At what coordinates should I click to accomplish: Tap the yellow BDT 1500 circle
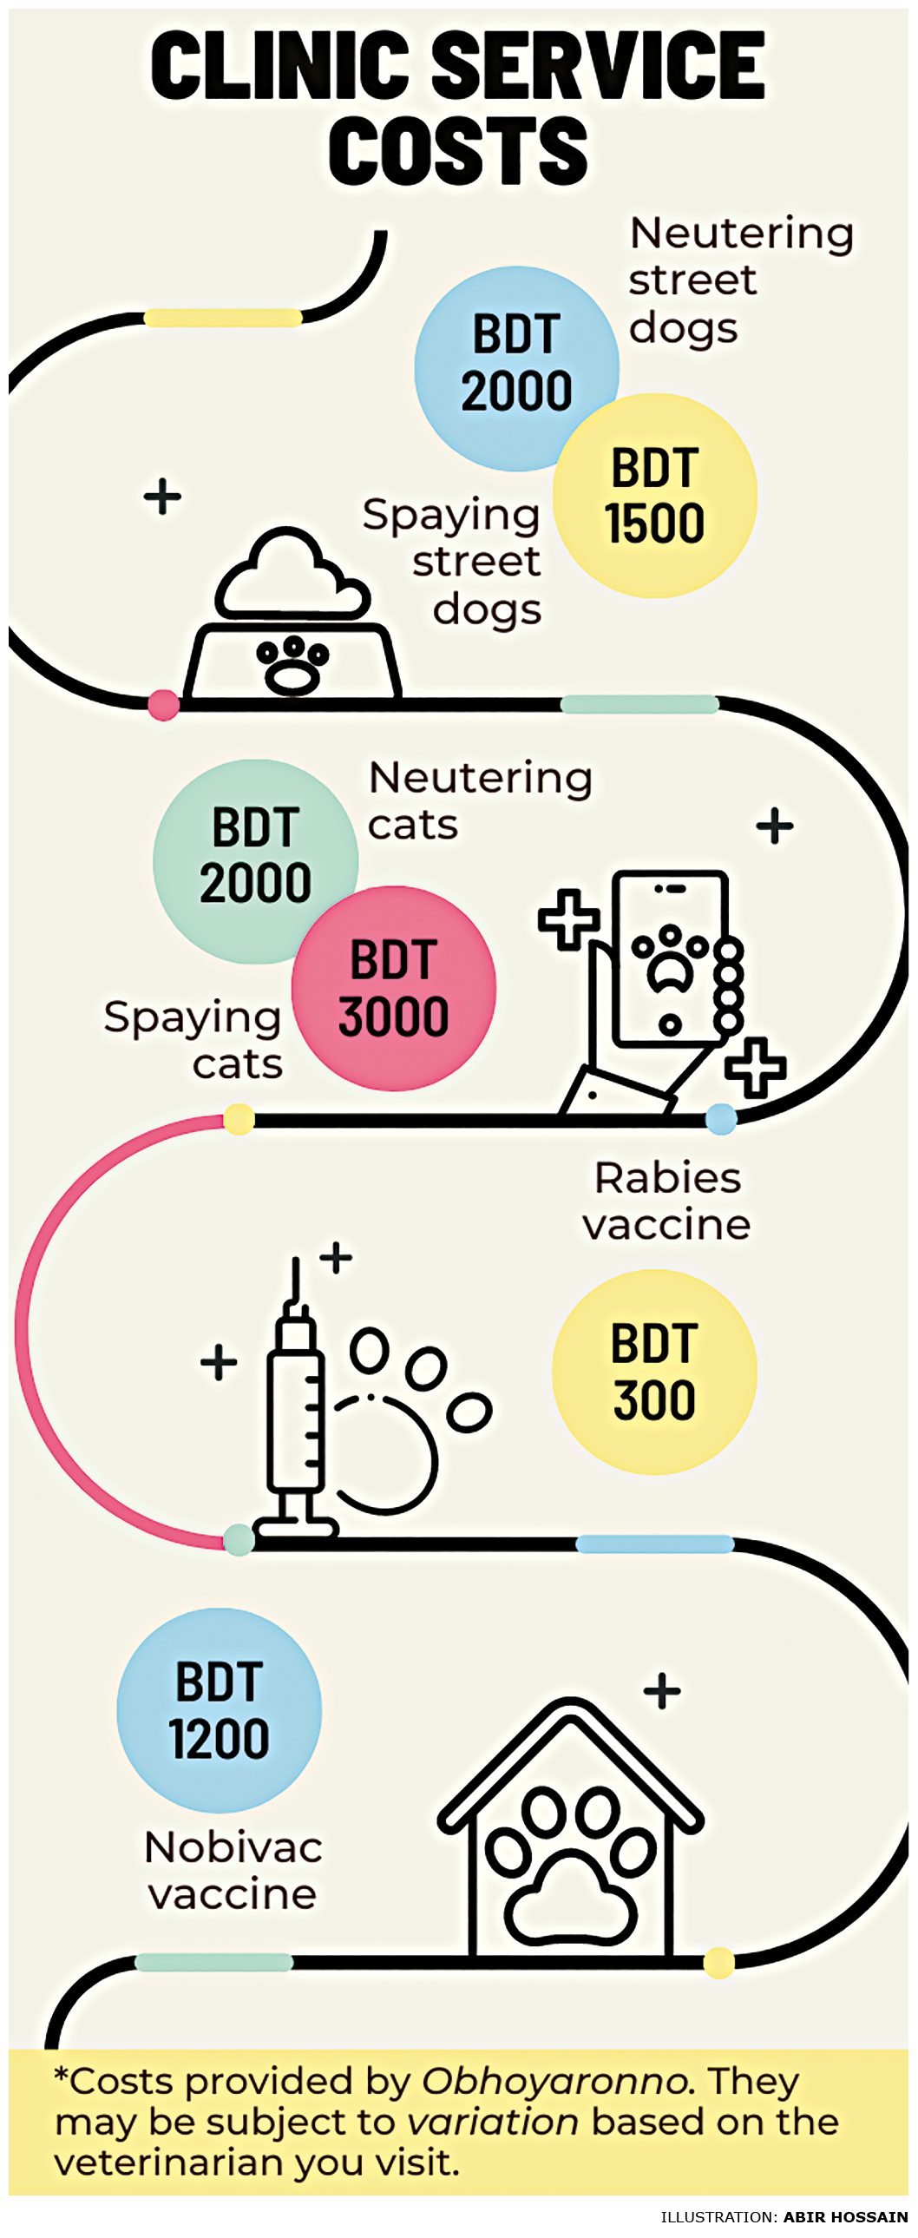[x=655, y=496]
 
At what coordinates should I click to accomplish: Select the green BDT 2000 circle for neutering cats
[x=254, y=861]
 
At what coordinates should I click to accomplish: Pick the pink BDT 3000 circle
[x=393, y=989]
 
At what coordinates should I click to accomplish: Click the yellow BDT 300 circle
[x=654, y=1372]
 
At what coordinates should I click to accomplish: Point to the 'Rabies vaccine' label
[x=667, y=1201]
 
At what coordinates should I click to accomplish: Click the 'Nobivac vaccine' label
[x=233, y=1871]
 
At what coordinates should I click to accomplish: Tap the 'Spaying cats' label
[x=193, y=1040]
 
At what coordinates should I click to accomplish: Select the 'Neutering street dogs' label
[x=741, y=280]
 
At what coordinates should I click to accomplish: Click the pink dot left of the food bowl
[x=163, y=705]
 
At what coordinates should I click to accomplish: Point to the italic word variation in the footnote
[x=493, y=2123]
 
